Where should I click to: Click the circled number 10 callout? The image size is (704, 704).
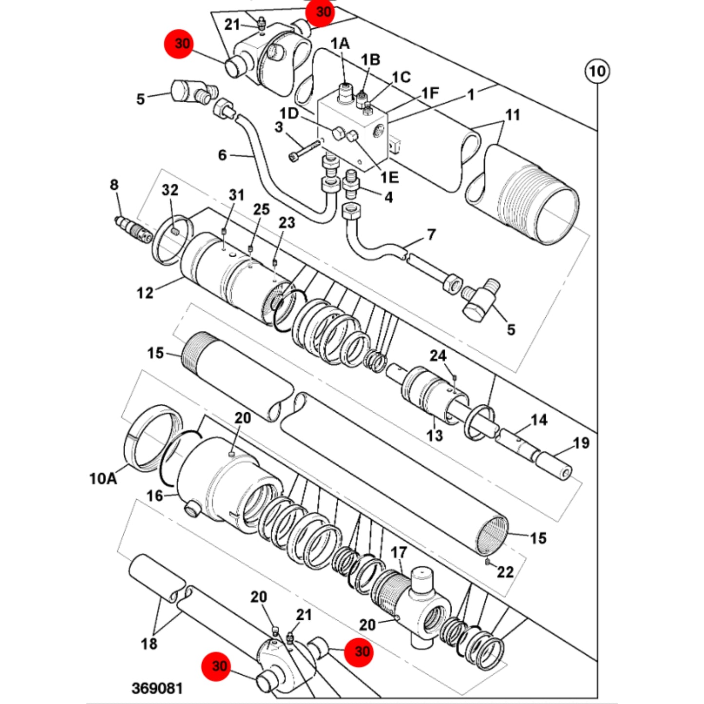(597, 71)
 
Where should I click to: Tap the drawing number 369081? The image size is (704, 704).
(157, 688)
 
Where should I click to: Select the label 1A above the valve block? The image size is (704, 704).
(340, 43)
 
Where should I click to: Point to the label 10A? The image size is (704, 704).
(103, 478)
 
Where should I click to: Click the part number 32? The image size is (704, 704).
(170, 190)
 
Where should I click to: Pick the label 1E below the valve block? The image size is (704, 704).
(389, 177)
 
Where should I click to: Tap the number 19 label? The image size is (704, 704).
(581, 443)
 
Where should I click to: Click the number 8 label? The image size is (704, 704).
(114, 185)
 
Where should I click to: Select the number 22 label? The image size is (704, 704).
(506, 572)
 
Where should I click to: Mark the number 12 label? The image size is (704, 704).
(145, 293)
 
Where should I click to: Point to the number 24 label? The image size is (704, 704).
(438, 355)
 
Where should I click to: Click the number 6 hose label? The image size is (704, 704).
(222, 155)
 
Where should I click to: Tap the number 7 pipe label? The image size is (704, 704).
(432, 234)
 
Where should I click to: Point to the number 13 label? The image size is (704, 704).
(435, 435)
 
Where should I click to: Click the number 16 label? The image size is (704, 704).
(155, 496)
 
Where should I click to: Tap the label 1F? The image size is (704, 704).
(430, 93)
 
